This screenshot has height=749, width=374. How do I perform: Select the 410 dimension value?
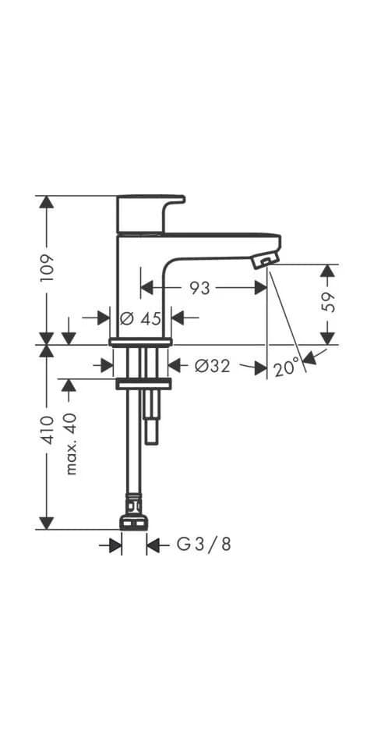coord(48,430)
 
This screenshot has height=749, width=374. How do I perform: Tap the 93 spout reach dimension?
coord(199,288)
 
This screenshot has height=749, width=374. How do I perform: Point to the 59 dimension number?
coord(329,301)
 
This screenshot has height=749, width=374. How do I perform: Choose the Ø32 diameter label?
coord(212,367)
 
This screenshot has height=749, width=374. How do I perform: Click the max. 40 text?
coord(71,444)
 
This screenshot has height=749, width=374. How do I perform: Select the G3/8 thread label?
coord(204,544)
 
